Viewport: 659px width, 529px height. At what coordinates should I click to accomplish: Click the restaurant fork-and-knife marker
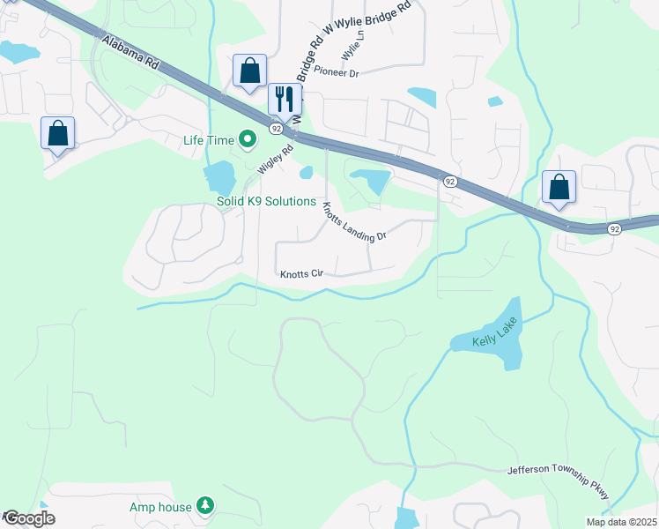[x=285, y=99]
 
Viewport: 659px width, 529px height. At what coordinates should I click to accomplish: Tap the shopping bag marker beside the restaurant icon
[x=249, y=71]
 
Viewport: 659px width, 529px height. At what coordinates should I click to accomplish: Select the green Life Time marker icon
[x=248, y=139]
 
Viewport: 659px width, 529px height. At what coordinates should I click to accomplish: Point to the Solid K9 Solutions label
[x=266, y=202]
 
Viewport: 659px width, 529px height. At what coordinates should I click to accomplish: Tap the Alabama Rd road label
[x=130, y=53]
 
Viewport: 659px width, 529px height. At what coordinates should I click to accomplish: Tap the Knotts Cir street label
[x=303, y=274]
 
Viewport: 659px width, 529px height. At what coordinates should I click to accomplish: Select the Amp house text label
[x=160, y=507]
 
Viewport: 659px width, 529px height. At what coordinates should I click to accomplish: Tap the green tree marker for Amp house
[x=205, y=505]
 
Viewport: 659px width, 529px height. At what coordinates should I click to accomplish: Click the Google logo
[x=28, y=518]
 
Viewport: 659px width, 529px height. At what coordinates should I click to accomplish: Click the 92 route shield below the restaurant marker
[x=276, y=129]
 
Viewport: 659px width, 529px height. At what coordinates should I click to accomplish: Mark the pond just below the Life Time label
[x=219, y=178]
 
